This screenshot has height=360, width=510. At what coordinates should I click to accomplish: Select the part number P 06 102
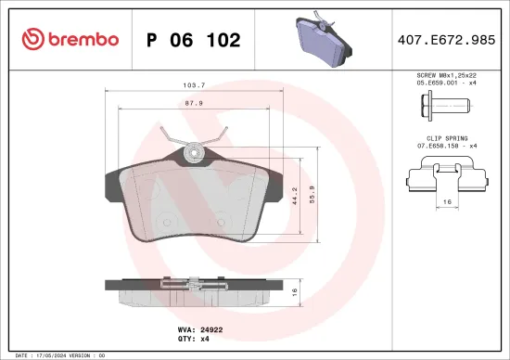[x=194, y=40]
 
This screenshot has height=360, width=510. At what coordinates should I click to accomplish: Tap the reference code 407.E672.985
[x=446, y=40]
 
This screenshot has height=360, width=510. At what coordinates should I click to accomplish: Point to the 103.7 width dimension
[x=194, y=84]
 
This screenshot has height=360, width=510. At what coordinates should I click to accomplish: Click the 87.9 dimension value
[x=194, y=103]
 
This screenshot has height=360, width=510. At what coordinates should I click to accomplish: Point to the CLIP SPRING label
[x=446, y=138]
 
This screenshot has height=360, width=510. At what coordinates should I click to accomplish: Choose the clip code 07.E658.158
[x=446, y=147]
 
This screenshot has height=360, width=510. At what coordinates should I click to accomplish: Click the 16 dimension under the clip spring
[x=447, y=200]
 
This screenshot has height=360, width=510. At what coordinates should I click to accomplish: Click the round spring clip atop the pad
[x=194, y=148]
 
